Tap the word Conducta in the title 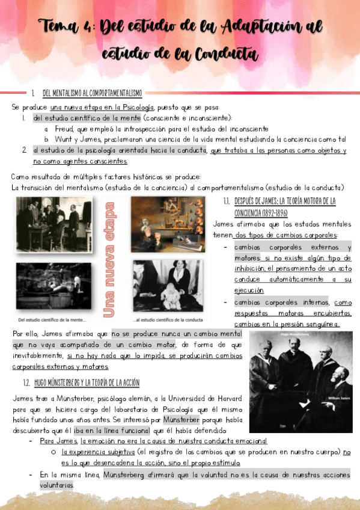(x=225, y=55)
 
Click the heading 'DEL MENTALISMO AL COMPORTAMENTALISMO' (x=92, y=93)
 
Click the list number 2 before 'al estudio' (x=25, y=150)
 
